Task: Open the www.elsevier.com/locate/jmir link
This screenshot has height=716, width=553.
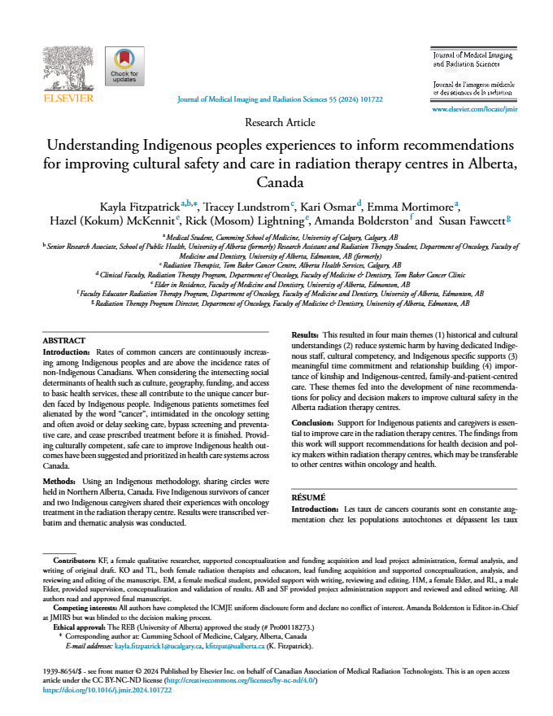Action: click(474, 108)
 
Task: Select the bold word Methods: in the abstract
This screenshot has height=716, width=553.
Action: click(59, 482)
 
